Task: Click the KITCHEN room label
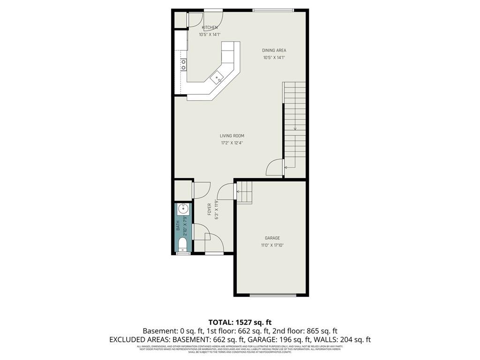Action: tap(210, 28)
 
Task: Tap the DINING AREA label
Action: tap(274, 50)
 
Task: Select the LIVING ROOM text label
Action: tap(232, 136)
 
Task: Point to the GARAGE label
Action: tap(272, 238)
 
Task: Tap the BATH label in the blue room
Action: tap(178, 226)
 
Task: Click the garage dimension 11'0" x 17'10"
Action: tap(272, 245)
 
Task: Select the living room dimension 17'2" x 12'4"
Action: tap(232, 143)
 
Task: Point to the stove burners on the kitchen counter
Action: tap(183, 64)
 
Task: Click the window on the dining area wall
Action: tap(273, 10)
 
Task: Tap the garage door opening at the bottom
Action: tap(273, 295)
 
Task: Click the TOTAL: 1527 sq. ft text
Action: tap(240, 322)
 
